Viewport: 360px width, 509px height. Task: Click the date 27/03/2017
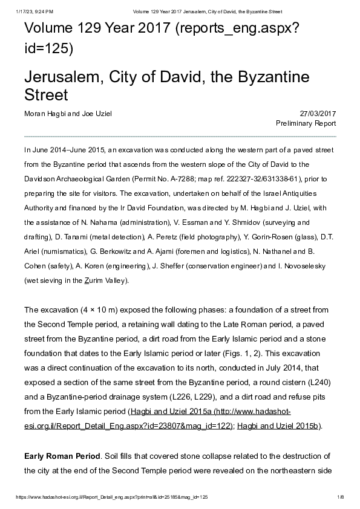[x=318, y=114]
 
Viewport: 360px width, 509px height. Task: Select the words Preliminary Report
[x=306, y=123]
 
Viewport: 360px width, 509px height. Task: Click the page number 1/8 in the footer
[x=340, y=496]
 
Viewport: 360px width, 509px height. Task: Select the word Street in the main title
[x=46, y=96]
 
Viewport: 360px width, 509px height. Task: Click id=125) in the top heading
[x=48, y=48]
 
